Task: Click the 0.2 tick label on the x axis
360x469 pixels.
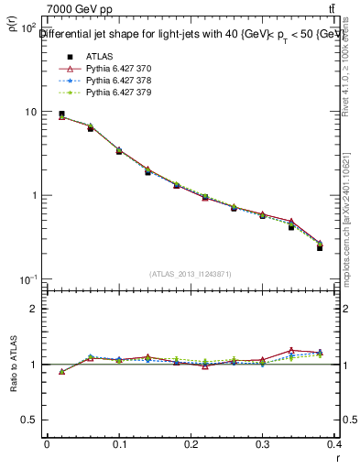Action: pos(191,446)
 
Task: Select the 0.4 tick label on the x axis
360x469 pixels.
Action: pos(335,446)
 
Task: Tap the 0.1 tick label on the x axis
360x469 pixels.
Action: pos(118,446)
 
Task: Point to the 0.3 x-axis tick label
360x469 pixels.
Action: pos(263,446)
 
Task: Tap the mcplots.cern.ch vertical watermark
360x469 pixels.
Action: pos(349,211)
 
